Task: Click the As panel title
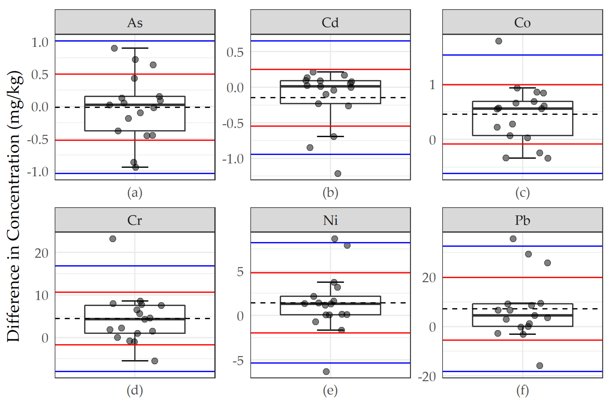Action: pos(135,23)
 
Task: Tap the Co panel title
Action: pos(522,23)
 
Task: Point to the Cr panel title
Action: pos(135,220)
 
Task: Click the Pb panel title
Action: pos(522,220)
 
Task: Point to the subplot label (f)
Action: pos(522,391)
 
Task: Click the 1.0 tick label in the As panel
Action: pos(40,42)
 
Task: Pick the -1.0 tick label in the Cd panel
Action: pos(233,159)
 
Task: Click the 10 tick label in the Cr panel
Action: pos(41,296)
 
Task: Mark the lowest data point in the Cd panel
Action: pos(337,173)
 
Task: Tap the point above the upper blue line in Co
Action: pos(498,41)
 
